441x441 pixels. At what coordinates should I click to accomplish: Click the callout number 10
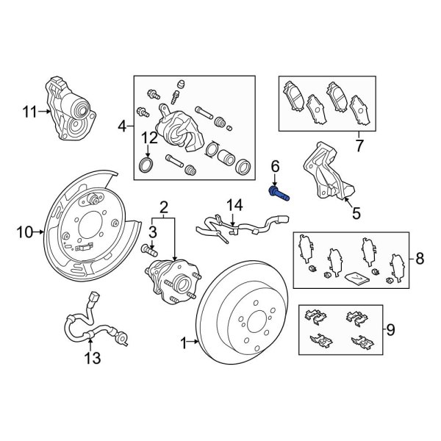coord(25,232)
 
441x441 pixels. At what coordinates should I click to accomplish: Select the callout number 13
coord(93,358)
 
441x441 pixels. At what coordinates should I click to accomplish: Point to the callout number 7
coord(358,146)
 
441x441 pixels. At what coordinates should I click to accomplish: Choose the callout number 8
coord(420,258)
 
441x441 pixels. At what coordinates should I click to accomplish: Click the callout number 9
coord(390,329)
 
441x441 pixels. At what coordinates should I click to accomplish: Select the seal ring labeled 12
coord(147,162)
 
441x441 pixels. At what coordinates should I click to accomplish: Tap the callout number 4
coord(122,126)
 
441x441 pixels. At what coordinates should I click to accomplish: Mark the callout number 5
coord(356,215)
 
